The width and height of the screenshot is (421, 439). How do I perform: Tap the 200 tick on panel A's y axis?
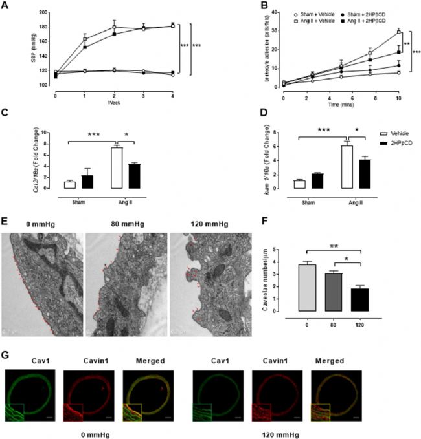tap(47, 12)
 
